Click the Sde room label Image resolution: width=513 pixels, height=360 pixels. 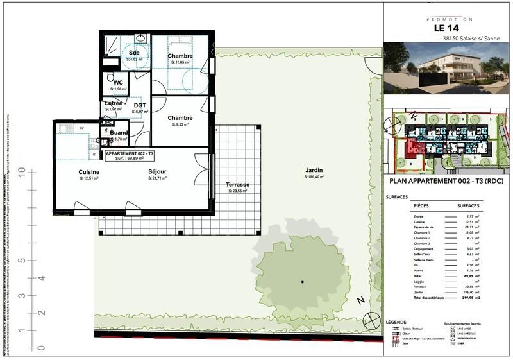pos(134,52)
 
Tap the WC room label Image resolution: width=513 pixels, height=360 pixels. pos(118,83)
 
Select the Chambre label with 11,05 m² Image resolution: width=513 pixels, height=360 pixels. pos(180,56)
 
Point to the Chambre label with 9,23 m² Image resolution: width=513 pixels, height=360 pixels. pos(180,118)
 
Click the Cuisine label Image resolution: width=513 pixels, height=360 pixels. pos(88,172)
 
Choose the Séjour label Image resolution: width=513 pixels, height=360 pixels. pos(157,172)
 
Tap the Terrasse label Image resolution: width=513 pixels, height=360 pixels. pos(237,185)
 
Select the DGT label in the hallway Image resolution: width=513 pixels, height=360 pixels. pos(139,105)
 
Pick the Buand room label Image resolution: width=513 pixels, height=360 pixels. pos(118,133)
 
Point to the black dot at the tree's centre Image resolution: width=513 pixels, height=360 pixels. pos(303,281)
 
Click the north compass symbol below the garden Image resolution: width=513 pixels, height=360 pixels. pos(370,318)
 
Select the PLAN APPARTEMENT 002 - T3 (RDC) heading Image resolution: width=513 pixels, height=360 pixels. pos(447,182)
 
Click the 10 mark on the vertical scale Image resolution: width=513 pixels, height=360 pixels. pos(22,173)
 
